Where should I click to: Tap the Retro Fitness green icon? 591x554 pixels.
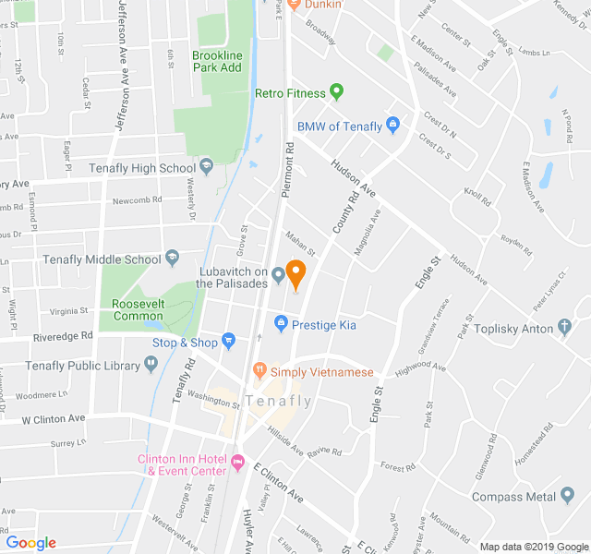tap(336, 92)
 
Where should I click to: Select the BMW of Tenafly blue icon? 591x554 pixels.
tap(392, 125)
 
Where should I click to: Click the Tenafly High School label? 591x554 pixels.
tap(141, 168)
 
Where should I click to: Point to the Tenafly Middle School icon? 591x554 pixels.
tap(172, 259)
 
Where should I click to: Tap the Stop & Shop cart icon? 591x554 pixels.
tap(229, 342)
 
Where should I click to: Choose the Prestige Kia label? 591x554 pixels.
tap(323, 324)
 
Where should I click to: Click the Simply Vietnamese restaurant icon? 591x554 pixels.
tap(259, 371)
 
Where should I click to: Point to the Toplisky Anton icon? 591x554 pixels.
tap(565, 328)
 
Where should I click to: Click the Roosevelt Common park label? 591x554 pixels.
tap(138, 309)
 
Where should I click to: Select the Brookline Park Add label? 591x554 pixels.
tap(217, 62)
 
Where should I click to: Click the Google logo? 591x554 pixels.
tap(30, 543)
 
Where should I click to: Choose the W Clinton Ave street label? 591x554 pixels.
tap(54, 418)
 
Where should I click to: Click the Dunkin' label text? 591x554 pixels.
tap(322, 5)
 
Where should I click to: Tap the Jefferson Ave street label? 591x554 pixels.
tap(120, 55)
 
